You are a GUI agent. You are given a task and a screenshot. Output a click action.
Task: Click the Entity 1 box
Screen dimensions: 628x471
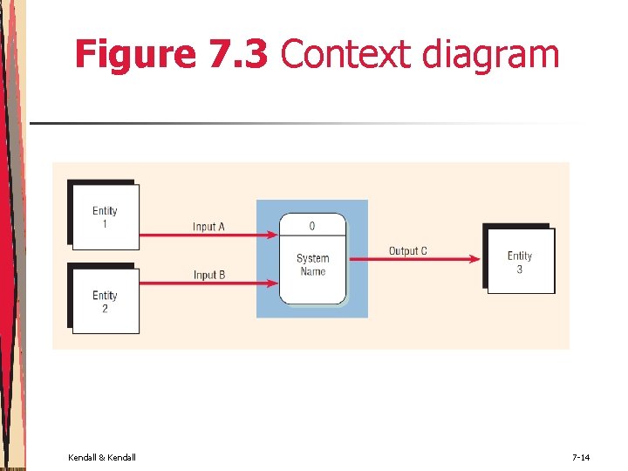(x=105, y=216)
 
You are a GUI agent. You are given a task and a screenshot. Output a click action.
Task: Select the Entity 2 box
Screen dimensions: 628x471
(x=105, y=301)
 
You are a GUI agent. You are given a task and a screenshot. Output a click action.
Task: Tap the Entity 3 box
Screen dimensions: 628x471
(x=520, y=263)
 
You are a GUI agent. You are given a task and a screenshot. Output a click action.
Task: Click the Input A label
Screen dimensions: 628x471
(x=208, y=227)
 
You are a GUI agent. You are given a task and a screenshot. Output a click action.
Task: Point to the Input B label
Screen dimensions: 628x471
(x=209, y=276)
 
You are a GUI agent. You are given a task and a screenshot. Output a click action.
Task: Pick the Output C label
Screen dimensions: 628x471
(x=407, y=251)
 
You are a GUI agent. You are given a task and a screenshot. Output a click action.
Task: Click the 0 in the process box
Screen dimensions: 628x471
(x=312, y=227)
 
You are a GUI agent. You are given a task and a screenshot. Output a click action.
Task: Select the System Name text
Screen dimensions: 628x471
(x=312, y=264)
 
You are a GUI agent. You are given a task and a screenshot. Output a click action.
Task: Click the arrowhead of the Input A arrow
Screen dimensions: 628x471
(x=273, y=235)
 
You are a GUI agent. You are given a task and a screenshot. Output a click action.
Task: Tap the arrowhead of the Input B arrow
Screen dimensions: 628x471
(x=273, y=283)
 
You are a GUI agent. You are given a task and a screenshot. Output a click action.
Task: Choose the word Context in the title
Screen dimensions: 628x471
(x=345, y=54)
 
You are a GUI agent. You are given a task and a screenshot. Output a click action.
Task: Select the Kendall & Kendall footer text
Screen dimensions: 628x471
(x=102, y=457)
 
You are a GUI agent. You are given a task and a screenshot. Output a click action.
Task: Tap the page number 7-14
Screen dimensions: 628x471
(x=581, y=457)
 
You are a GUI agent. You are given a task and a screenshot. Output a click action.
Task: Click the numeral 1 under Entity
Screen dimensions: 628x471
(x=105, y=223)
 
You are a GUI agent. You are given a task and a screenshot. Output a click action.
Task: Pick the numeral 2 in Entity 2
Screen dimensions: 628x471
(x=105, y=308)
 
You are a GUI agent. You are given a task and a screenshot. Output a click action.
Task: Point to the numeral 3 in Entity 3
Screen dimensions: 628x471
(x=520, y=270)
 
